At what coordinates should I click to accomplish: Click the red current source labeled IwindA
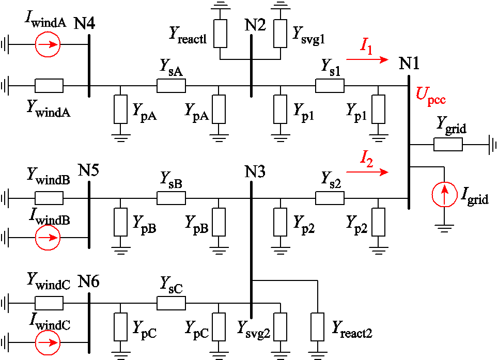pyautogui.click(x=48, y=45)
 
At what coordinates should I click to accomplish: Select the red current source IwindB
pyautogui.click(x=48, y=238)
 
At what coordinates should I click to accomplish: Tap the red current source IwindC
pyautogui.click(x=48, y=342)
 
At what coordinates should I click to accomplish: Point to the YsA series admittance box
pyautogui.click(x=171, y=85)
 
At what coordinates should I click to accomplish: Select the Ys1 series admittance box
pyautogui.click(x=330, y=85)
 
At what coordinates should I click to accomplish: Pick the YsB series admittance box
pyautogui.click(x=171, y=198)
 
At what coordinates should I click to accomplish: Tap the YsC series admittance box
pyautogui.click(x=171, y=303)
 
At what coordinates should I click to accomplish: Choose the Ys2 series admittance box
pyautogui.click(x=330, y=198)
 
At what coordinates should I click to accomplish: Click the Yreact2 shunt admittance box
pyautogui.click(x=316, y=326)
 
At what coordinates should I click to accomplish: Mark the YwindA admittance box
pyautogui.click(x=49, y=85)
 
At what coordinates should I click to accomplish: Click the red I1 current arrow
pyautogui.click(x=367, y=60)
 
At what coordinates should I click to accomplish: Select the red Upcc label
pyautogui.click(x=430, y=97)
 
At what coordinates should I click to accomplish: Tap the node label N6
pyautogui.click(x=89, y=282)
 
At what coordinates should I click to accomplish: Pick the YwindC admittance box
pyautogui.click(x=49, y=303)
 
